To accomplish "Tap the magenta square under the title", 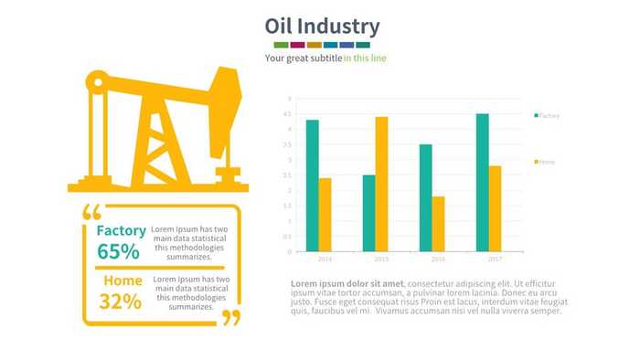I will (x=297, y=45).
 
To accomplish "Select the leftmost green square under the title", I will (x=281, y=45).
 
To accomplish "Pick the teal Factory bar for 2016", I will (x=426, y=197).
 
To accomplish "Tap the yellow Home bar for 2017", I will (x=495, y=208).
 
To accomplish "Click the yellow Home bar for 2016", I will (x=439, y=224).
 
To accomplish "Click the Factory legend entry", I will (x=547, y=116).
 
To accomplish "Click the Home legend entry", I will (x=545, y=162).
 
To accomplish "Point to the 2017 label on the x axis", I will (x=495, y=259).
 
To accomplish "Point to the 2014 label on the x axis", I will (x=325, y=259).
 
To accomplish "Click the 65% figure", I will (x=118, y=252).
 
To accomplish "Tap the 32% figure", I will (x=120, y=302).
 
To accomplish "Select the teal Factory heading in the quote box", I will (x=121, y=230).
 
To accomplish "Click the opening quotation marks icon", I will (x=91, y=212).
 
